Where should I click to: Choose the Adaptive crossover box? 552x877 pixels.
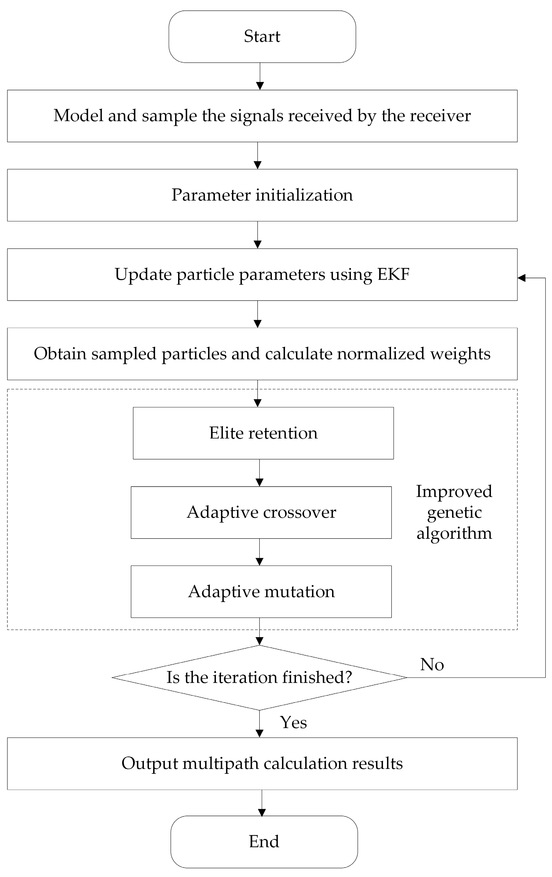point(261,512)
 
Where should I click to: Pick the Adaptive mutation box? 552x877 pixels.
point(261,592)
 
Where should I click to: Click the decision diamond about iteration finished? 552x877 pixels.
point(259,678)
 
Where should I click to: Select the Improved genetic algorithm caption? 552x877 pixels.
point(454,512)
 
